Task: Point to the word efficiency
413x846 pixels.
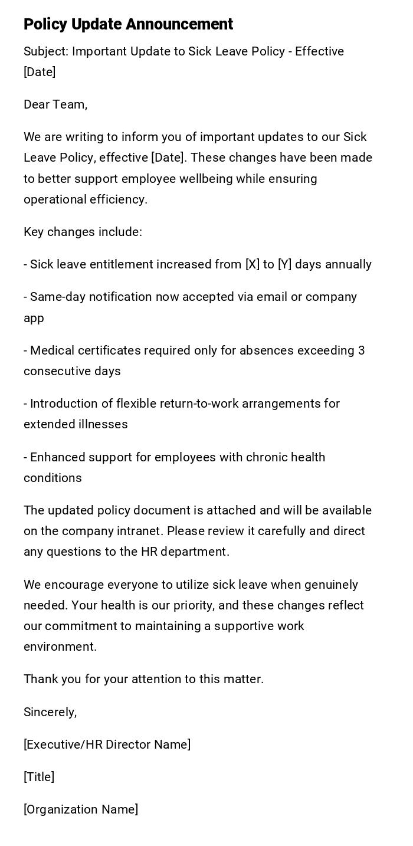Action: pyautogui.click(x=118, y=199)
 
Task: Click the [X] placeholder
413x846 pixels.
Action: pyautogui.click(x=252, y=264)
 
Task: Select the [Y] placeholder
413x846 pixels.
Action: pyautogui.click(x=285, y=264)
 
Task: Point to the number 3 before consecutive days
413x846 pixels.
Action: pyautogui.click(x=361, y=350)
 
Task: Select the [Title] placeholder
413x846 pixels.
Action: pyautogui.click(x=39, y=777)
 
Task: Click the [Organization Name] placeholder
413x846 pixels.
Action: pyautogui.click(x=81, y=809)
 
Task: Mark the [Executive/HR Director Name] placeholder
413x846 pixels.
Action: pyautogui.click(x=107, y=745)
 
